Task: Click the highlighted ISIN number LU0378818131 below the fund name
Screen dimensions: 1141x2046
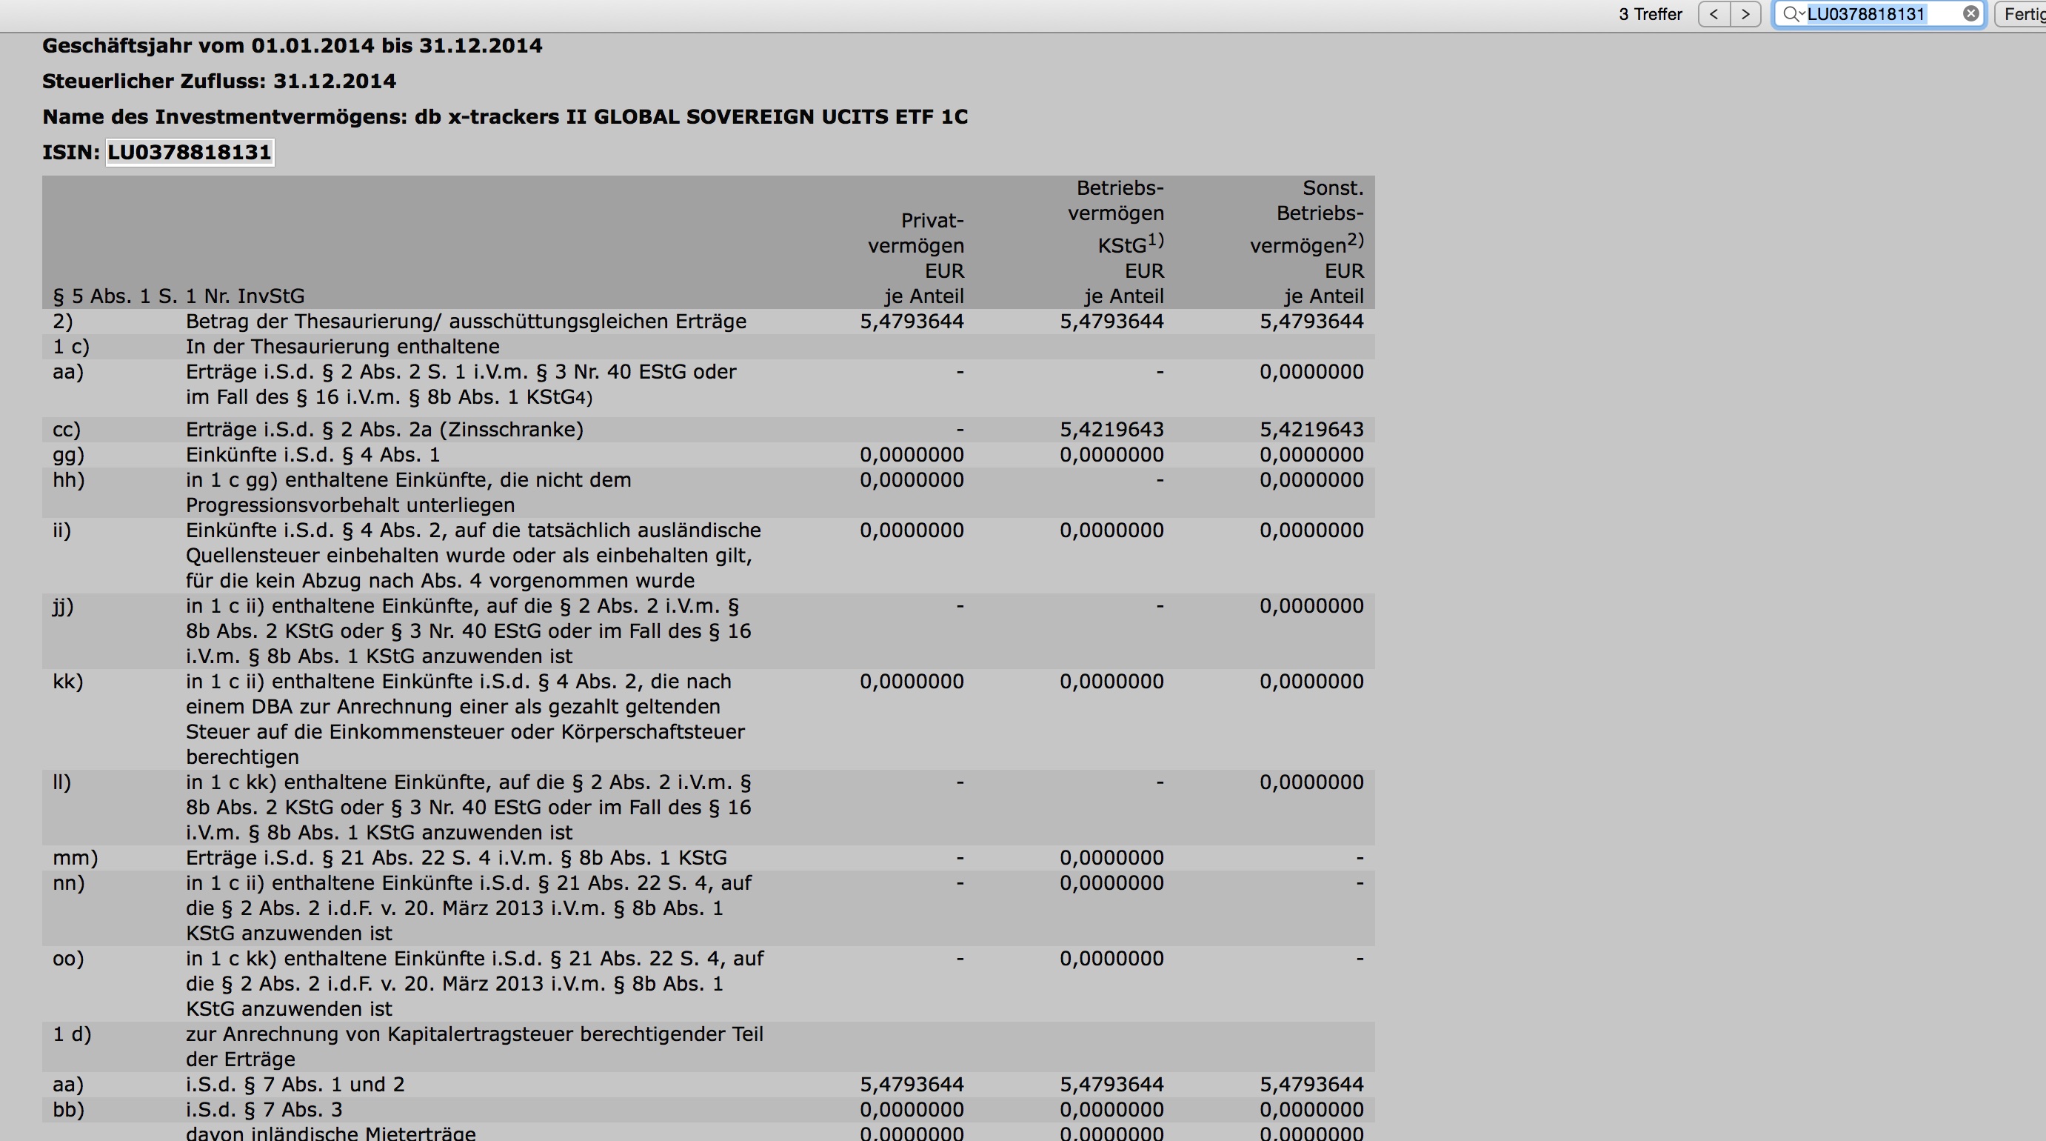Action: (x=189, y=152)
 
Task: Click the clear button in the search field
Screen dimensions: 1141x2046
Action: (x=1970, y=13)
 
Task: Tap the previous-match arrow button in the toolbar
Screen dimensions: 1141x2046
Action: (x=1714, y=13)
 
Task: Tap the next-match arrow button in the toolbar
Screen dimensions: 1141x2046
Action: (x=1745, y=13)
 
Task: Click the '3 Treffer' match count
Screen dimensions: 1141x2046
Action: (x=1650, y=14)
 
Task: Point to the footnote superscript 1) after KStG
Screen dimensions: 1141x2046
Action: (x=1156, y=239)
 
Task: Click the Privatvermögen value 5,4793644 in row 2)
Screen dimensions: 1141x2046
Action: (x=911, y=322)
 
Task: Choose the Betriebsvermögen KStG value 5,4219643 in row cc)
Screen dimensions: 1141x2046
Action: (x=1111, y=430)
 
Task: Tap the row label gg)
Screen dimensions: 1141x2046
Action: (x=68, y=455)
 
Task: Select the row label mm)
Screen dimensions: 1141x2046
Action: (x=76, y=858)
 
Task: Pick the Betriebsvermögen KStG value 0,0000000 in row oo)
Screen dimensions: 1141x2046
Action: (x=1111, y=959)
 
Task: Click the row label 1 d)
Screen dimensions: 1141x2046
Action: (x=73, y=1034)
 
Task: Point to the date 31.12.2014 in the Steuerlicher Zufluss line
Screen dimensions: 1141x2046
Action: (x=335, y=81)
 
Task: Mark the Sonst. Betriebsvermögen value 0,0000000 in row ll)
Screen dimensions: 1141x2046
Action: (x=1311, y=782)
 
